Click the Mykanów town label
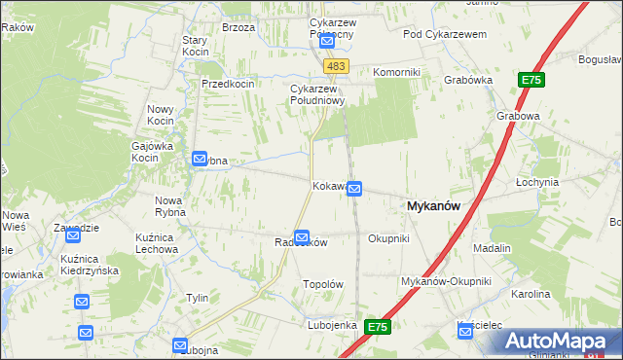[x=432, y=205]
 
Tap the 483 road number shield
[x=336, y=66]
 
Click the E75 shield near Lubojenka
[x=378, y=329]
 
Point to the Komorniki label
[x=396, y=73]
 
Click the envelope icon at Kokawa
[x=355, y=189]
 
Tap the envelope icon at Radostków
[x=302, y=237]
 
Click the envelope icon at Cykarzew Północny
[x=327, y=42]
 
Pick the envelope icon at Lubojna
[x=180, y=345]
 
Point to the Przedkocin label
[x=228, y=85]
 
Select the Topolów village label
[x=323, y=284]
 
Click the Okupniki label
[x=388, y=238]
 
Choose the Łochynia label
[x=536, y=182]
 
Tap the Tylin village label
[x=198, y=298]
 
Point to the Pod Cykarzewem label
[x=444, y=34]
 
